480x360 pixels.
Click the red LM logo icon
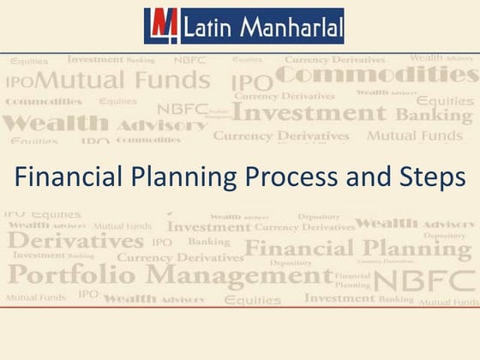coord(160,26)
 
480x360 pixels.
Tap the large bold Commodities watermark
coord(377,78)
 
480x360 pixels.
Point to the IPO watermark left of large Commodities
coord(251,83)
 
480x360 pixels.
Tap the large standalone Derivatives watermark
coord(77,241)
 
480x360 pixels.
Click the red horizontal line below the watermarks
coord(240,309)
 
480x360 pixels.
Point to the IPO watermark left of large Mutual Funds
coord(19,83)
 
